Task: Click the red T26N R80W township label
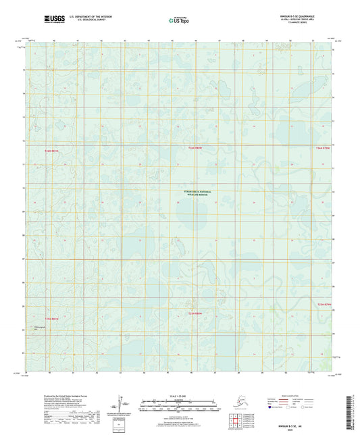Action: pyautogui.click(x=195, y=147)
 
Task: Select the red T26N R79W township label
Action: pyautogui.click(x=324, y=147)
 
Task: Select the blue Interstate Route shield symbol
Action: pyautogui.click(x=272, y=407)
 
